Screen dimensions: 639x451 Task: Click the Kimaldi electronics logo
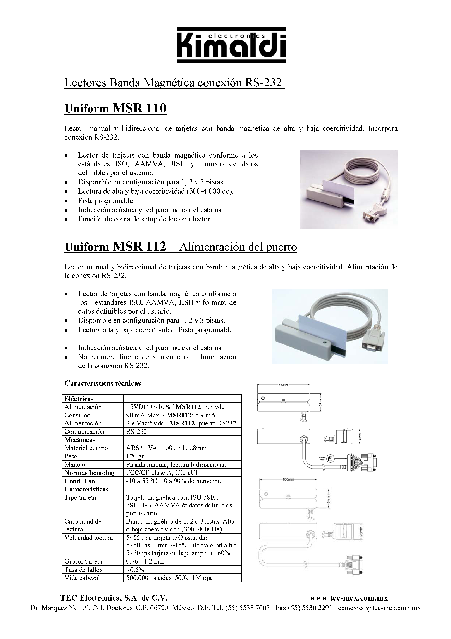click(x=231, y=45)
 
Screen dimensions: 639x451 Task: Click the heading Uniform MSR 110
click(x=115, y=108)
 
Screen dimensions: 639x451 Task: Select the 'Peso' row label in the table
click(x=71, y=456)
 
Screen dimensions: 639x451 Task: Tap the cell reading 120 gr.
click(x=136, y=456)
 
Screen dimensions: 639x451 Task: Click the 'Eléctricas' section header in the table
click(x=79, y=399)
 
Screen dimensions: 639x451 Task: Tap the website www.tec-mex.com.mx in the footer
click(x=349, y=598)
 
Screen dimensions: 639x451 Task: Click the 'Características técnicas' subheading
click(x=103, y=383)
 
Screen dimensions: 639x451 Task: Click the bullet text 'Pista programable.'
click(x=106, y=200)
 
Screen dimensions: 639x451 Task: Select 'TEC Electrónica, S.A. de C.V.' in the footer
click(x=114, y=598)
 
